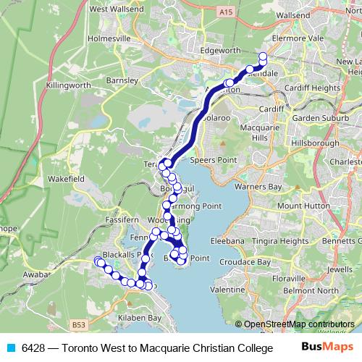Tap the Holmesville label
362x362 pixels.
pos(109,38)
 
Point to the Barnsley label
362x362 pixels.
pos(120,80)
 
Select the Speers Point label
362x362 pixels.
pos(210,161)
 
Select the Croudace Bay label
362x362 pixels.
pos(246,262)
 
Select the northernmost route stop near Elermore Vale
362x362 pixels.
pos(263,56)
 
